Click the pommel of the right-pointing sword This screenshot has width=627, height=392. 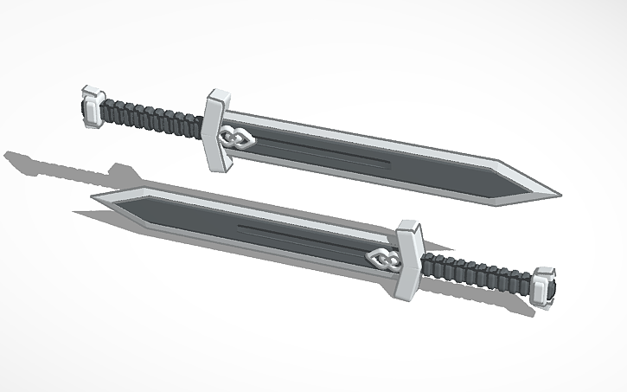pos(93,107)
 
